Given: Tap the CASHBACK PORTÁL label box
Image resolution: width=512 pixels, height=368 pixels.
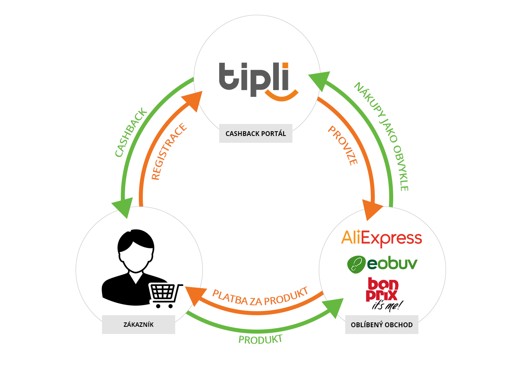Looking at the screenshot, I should click(x=256, y=133).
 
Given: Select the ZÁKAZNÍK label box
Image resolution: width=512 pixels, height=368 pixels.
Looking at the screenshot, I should click(x=138, y=324).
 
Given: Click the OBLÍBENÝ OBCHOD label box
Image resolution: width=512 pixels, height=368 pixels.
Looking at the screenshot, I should click(x=382, y=324).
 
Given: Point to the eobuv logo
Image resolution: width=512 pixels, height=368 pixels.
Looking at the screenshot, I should click(x=382, y=264).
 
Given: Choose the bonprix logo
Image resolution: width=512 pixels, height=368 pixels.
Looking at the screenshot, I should click(x=382, y=294).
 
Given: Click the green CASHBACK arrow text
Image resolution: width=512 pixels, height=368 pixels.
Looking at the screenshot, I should click(x=131, y=132).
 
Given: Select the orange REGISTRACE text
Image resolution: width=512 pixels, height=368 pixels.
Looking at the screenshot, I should click(x=169, y=152).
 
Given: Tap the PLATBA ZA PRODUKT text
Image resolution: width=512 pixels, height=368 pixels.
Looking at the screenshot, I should click(x=260, y=296).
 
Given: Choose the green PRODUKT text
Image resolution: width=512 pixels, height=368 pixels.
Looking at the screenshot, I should click(x=260, y=340).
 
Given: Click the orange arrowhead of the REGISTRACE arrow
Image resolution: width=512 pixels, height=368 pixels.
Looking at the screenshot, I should click(x=194, y=100).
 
